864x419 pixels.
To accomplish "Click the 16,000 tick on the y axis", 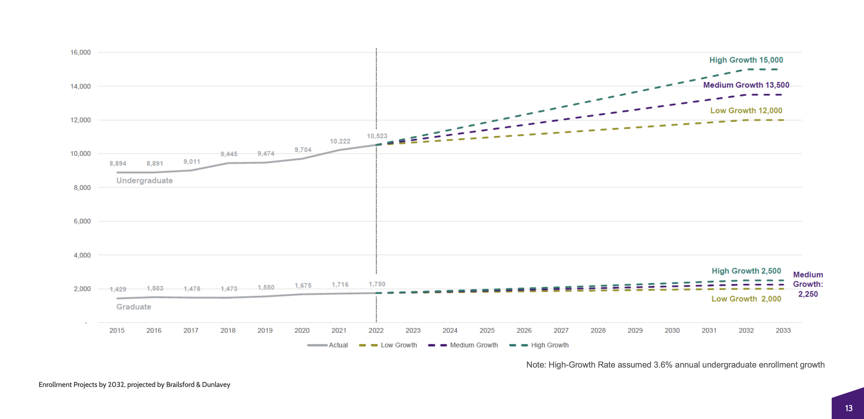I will [81, 52].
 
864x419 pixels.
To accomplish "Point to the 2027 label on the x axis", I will [561, 330].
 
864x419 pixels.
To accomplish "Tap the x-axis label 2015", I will [117, 330].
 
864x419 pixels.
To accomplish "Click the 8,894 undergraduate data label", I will [118, 164].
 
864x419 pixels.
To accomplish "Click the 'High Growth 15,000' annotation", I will [746, 60].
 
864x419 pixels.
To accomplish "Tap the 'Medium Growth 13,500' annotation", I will [746, 85].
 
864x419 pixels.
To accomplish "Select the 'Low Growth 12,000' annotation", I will [746, 110].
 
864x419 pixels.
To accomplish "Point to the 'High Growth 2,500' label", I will [746, 271].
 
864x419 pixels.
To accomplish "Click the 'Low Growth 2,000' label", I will [746, 299].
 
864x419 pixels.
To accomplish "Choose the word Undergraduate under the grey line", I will [145, 181].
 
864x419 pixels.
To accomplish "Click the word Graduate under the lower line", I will [134, 307].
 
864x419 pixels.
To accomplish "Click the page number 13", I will [848, 408].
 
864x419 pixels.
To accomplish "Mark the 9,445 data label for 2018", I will [229, 154].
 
